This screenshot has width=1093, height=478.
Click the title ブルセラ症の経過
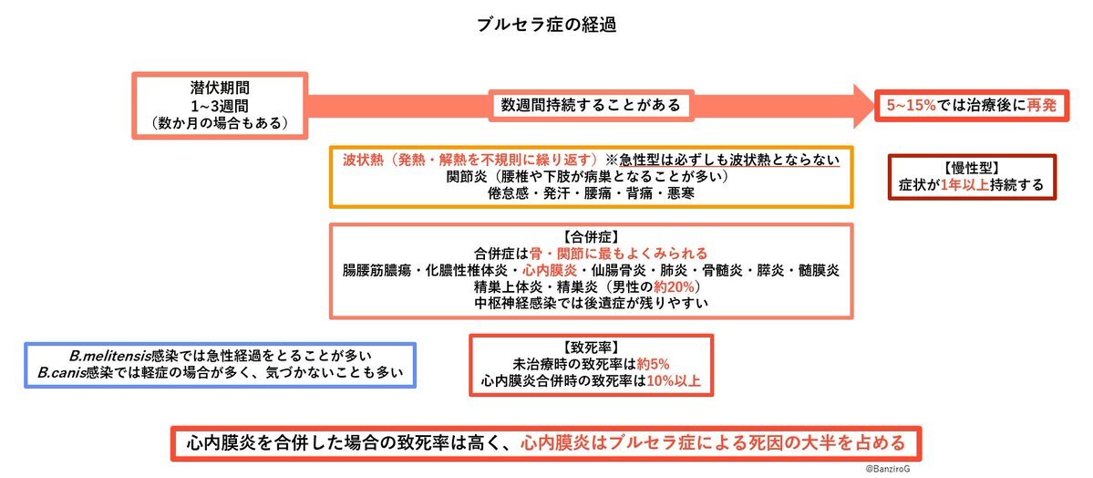pos(547,25)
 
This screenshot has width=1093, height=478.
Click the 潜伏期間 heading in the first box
pos(220,88)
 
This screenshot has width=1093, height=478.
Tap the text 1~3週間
pos(220,106)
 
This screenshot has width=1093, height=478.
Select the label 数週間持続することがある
pos(591,106)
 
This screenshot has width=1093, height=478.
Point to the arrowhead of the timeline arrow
pos(872,106)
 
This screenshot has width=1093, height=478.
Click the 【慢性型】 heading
pos(972,168)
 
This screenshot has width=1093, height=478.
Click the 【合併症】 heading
pos(591,236)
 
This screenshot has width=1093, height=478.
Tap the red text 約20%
pos(672,286)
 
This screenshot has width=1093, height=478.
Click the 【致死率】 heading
pos(591,348)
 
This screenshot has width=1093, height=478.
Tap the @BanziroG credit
pos(887,470)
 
